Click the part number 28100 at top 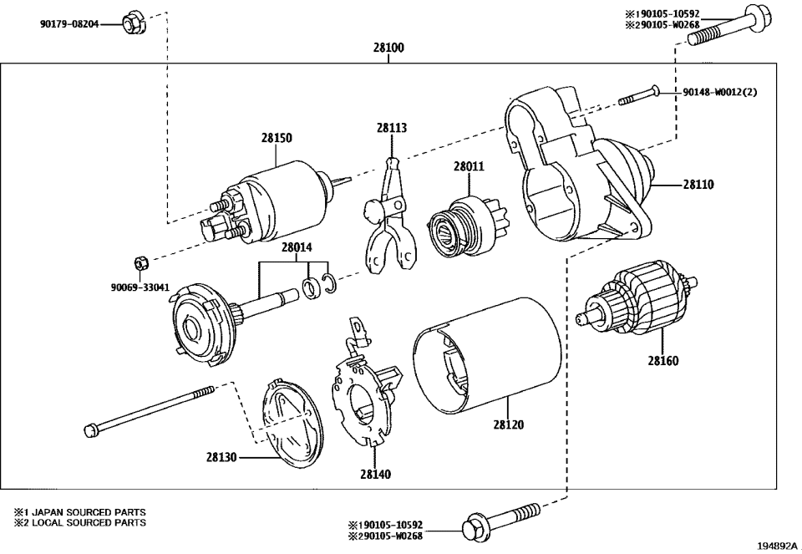click(x=388, y=48)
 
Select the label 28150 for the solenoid click(x=276, y=139)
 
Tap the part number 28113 click(x=391, y=128)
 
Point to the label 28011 click(x=469, y=167)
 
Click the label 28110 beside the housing click(x=698, y=184)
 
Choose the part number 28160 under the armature click(x=662, y=362)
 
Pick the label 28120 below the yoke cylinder click(x=508, y=424)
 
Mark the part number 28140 click(x=375, y=474)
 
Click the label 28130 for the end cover click(x=221, y=457)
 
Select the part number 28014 click(x=296, y=247)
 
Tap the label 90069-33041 click(x=140, y=287)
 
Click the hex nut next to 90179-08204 click(x=131, y=23)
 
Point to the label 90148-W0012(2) click(x=720, y=92)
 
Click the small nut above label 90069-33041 click(x=141, y=261)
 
